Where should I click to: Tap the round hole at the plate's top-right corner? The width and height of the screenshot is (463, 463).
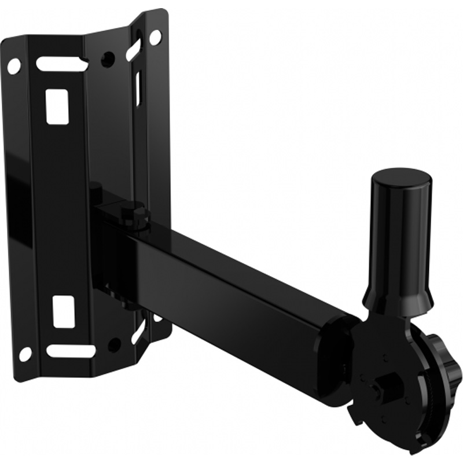pos(155,38)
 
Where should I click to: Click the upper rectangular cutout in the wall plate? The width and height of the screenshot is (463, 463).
pos(57,106)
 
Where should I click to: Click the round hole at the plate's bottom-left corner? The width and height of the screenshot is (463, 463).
pos(25,354)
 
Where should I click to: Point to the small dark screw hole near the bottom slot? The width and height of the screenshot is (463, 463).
pos(115,344)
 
